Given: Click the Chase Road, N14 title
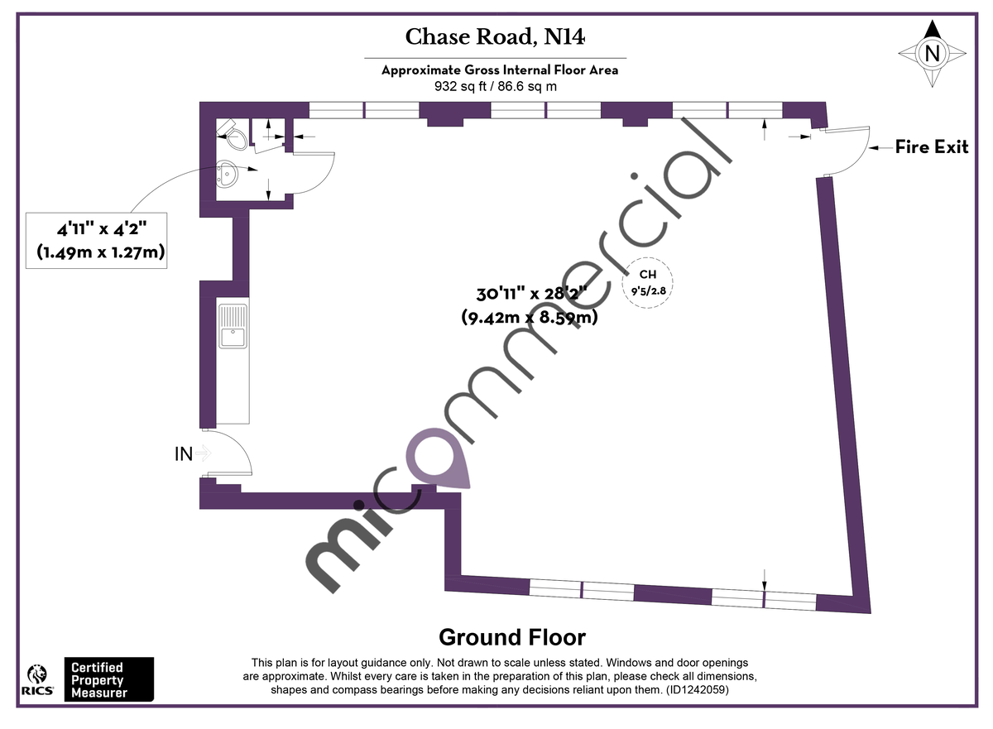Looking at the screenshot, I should click(x=495, y=37).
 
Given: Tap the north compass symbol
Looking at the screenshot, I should click(x=933, y=54).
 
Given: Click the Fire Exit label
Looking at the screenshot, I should click(x=931, y=147).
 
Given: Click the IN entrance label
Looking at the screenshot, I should click(x=183, y=453).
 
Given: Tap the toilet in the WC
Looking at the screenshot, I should click(x=231, y=134).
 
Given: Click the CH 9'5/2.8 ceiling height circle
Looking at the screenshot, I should click(x=647, y=284).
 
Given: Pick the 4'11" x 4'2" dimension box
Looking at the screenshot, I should click(x=97, y=239).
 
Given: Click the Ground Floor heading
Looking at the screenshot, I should click(x=511, y=637).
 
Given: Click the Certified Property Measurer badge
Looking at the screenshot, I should click(x=108, y=679).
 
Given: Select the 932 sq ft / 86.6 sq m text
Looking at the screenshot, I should click(x=495, y=85).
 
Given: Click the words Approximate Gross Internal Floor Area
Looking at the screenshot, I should click(x=499, y=70).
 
